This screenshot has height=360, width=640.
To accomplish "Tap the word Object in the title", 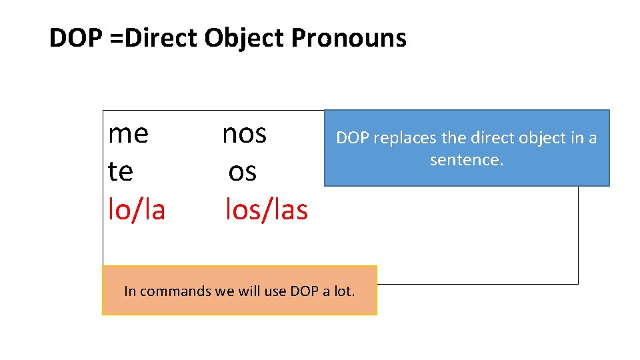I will click(245, 39).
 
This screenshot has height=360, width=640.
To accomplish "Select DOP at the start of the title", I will click(73, 39).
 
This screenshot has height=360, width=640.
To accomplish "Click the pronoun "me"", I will click(128, 134).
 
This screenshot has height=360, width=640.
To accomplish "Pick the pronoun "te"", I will click(121, 172).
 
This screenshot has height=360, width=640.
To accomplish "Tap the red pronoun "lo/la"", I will click(137, 210).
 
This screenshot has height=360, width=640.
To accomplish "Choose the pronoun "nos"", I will click(244, 134).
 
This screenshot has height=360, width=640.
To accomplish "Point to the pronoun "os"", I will click(242, 172).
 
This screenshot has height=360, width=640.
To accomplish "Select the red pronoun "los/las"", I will click(267, 210).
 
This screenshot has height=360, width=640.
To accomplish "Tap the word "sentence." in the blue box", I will click(467, 160).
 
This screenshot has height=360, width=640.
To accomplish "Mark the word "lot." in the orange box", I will click(345, 291).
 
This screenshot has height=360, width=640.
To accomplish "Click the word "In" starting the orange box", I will click(130, 291).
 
